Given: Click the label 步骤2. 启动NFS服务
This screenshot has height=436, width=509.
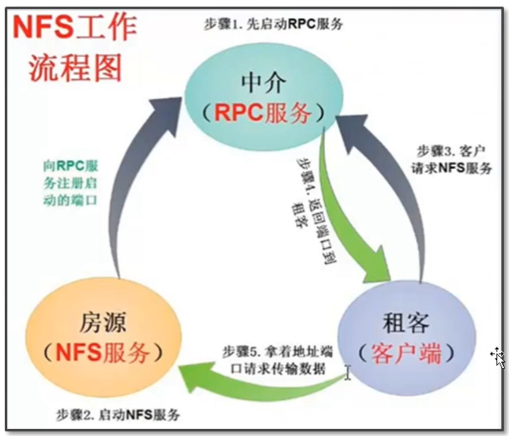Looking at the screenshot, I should pyautogui.click(x=118, y=414).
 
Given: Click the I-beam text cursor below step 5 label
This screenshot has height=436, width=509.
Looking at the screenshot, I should pyautogui.click(x=348, y=373).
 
